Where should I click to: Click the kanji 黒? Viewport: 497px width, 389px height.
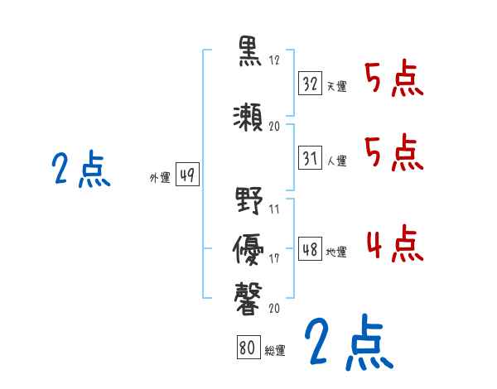point(248,52)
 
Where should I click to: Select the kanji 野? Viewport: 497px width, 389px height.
point(248,201)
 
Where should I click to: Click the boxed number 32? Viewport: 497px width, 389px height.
point(311,84)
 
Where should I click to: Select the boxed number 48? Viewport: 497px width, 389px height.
point(311,249)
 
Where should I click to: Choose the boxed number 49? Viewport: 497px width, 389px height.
point(187,176)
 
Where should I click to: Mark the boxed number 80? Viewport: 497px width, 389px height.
point(246,348)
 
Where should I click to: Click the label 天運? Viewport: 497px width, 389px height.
point(336,86)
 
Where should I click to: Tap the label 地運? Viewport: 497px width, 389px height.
point(336,252)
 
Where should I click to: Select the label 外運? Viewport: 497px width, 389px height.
point(159,178)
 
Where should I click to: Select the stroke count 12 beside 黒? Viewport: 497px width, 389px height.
point(274,60)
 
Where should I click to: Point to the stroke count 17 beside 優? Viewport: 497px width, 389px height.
point(274,258)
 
